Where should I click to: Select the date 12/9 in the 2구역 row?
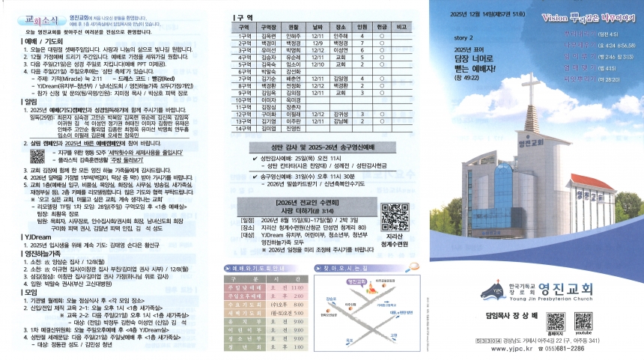pyautogui.click(x=317, y=42)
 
